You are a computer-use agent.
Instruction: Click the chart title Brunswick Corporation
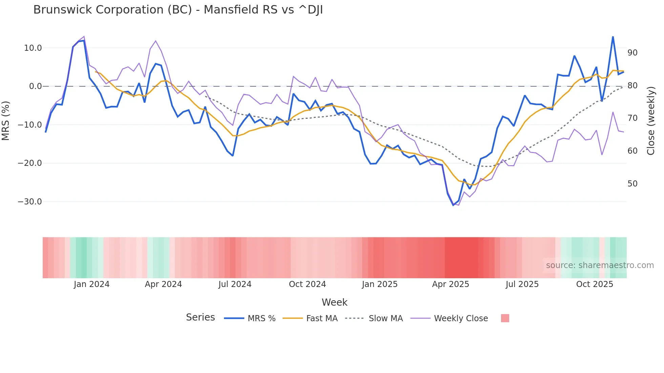[178, 10]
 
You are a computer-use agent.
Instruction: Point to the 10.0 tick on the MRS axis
[33, 48]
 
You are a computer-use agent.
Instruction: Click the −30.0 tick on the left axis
[30, 202]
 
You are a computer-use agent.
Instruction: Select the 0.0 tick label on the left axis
[36, 86]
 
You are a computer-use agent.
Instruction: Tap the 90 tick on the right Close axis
[632, 53]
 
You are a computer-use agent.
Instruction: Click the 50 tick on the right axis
[632, 184]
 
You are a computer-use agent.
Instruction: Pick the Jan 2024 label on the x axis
[91, 284]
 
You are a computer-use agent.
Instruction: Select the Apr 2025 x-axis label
[451, 284]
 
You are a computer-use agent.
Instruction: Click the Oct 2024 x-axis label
[307, 284]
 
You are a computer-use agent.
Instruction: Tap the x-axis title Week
[334, 302]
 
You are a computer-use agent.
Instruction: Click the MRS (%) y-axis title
[6, 120]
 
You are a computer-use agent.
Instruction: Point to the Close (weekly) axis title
[651, 120]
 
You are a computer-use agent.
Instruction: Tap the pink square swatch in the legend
[505, 319]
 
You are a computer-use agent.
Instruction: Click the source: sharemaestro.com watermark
[600, 265]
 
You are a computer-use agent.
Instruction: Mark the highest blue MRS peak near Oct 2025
[613, 37]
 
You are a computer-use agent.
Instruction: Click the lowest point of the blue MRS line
[453, 205]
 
